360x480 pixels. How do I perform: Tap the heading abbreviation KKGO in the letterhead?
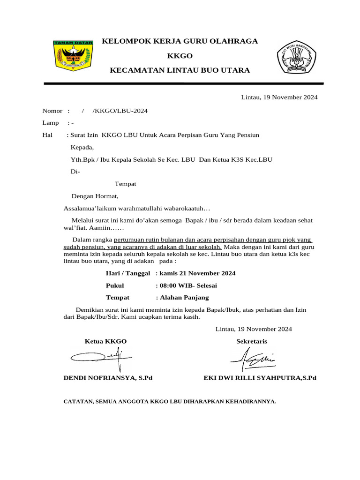pos(180,56)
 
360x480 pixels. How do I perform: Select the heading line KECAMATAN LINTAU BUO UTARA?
pos(180,70)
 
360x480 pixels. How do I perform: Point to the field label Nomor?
pos(52,111)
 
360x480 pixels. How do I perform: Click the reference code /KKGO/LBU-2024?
pos(120,111)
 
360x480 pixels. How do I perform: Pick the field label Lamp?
pos(51,123)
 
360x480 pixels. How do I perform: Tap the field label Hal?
pos(47,135)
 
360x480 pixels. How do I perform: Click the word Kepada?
pos(82,147)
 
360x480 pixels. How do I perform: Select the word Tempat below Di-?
pos(125,184)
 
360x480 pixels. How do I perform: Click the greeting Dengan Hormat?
pos(95,196)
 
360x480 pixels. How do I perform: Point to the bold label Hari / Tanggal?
pos(128,273)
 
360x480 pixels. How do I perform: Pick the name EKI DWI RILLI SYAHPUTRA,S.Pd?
pos(260,378)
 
